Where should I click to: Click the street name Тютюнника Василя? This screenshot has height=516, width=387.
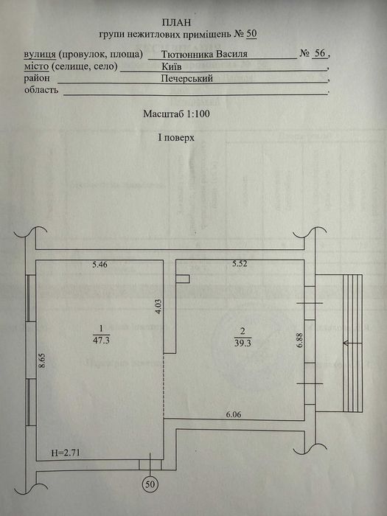[x=209, y=54]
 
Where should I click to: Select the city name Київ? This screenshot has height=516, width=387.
[x=172, y=66]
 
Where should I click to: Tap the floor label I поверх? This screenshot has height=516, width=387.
[x=175, y=138]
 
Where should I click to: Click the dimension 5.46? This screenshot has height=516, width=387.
[x=100, y=264]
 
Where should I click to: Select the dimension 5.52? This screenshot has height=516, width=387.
[x=241, y=264]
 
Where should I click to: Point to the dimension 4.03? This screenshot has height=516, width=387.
[x=157, y=307]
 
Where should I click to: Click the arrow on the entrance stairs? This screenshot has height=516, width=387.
[x=350, y=343]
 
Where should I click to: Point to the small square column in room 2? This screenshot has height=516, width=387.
[x=184, y=279]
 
